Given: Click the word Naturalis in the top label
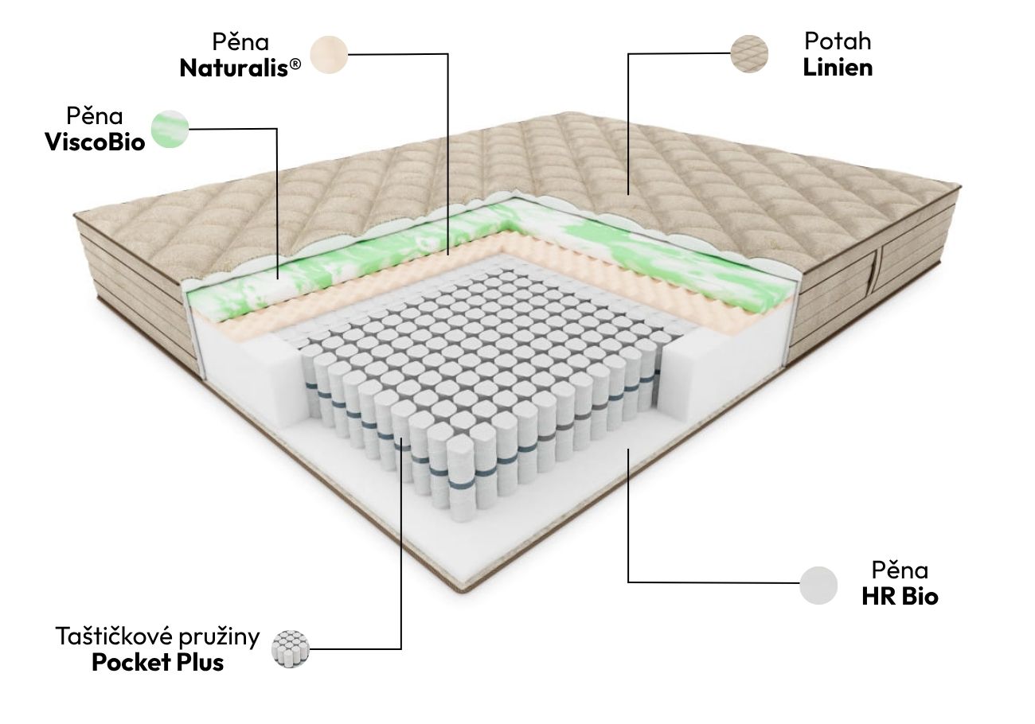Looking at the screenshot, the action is [234, 68].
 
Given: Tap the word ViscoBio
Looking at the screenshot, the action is [95, 142].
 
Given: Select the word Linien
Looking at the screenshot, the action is [838, 68].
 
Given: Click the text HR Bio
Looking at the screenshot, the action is [900, 596].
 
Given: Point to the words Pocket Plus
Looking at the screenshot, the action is [158, 662].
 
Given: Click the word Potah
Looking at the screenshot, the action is [838, 41].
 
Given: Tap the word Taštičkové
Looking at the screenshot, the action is [114, 636].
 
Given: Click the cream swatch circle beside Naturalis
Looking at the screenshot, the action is [329, 54].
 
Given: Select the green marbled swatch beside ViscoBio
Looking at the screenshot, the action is [170, 129].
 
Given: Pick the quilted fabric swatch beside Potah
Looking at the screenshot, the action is [749, 53].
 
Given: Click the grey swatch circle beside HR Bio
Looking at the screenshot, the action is [818, 585].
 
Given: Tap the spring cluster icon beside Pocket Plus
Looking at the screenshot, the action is [290, 648].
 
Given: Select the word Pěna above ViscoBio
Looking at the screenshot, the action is [95, 115].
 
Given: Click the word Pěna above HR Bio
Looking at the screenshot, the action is [900, 570].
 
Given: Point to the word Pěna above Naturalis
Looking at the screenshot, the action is [240, 41].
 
